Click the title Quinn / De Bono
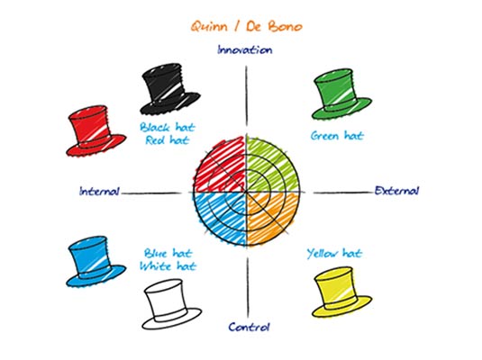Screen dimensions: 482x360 pos(247,26)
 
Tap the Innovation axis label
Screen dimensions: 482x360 pos(245,49)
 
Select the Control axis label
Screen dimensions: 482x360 pos(249,327)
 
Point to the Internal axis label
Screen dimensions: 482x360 pos(99,192)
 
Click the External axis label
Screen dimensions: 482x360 pos(396,191)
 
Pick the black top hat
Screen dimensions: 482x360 pos(169,89)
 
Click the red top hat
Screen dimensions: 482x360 pos(95,131)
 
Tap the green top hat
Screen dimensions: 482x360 pos(341,94)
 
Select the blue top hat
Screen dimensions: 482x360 pos(95,262)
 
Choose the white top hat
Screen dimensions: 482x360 pos(171,304)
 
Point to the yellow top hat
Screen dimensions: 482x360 pos(341,292)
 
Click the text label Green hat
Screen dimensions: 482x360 pos(337,136)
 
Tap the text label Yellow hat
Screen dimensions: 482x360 pos(334,254)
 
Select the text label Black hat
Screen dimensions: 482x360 pos(168,127)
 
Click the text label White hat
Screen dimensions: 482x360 pos(168,265)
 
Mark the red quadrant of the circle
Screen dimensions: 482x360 pos(222,167)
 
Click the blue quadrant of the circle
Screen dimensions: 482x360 pos(222,218)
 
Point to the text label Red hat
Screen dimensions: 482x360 pos(167,140)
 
